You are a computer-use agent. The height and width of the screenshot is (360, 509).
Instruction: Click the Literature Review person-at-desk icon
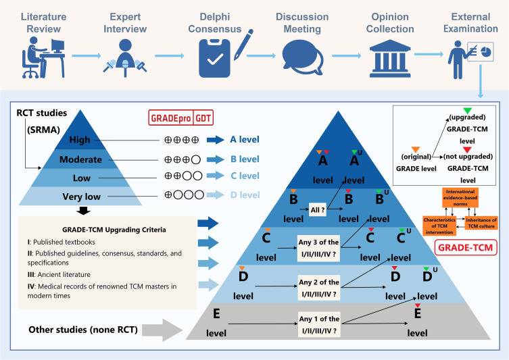(43, 57)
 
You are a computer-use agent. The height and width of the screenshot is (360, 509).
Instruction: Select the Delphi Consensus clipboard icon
(214, 58)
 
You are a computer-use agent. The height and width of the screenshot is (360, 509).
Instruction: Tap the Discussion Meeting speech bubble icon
(302, 57)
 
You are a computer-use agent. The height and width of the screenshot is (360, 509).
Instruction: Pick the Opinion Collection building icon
(390, 59)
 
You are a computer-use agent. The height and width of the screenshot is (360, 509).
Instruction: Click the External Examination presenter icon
(470, 60)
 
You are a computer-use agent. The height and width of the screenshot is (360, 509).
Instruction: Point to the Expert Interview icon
(125, 57)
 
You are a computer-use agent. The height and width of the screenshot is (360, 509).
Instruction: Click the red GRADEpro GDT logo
(180, 118)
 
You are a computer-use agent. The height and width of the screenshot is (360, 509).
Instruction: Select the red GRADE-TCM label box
(466, 247)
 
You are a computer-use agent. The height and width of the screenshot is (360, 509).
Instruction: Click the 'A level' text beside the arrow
(245, 139)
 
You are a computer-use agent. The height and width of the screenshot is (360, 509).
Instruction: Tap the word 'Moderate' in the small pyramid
(80, 159)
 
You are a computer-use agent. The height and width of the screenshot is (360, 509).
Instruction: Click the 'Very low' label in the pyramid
(82, 197)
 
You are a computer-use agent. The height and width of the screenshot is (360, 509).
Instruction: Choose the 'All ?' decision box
(318, 209)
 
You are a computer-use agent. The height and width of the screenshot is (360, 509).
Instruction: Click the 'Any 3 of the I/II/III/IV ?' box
(318, 248)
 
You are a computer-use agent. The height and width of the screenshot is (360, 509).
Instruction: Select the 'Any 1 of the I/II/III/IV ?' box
(319, 325)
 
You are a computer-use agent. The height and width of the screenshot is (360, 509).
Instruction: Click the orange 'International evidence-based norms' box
(460, 197)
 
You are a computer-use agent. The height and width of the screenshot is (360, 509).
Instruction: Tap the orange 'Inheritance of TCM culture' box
(481, 223)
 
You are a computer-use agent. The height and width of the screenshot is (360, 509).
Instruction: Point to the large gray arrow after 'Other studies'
(162, 330)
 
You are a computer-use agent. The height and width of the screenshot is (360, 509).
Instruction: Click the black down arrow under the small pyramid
(83, 211)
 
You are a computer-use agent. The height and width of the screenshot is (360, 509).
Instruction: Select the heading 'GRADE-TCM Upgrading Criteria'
(114, 230)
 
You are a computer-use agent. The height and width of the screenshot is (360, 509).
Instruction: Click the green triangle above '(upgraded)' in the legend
(467, 111)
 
